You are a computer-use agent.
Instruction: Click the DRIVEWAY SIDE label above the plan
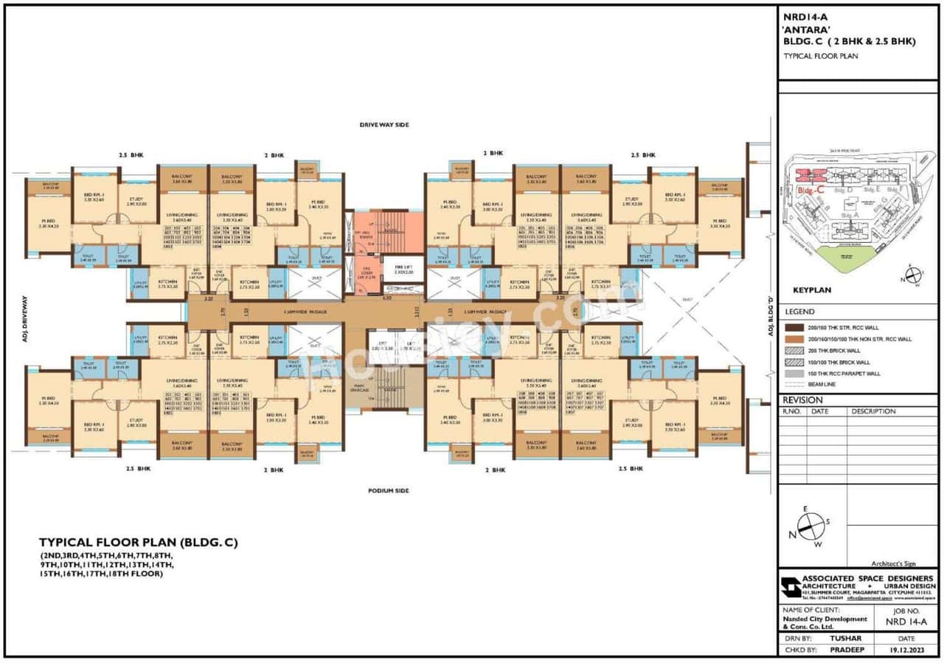[383, 125]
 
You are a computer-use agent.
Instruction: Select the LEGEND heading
[800, 312]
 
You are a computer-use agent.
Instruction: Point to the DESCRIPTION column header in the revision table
[873, 411]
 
